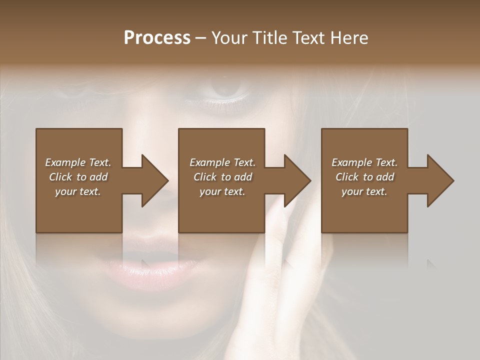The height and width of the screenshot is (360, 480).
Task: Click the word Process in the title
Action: (x=157, y=37)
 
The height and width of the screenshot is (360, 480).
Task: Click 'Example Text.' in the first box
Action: (x=78, y=162)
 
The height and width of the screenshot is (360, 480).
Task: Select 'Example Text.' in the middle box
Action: (x=222, y=162)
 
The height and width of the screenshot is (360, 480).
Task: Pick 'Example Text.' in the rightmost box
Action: (x=364, y=162)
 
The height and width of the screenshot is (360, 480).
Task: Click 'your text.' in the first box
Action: (x=78, y=191)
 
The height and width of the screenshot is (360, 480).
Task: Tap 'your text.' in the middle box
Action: (x=222, y=191)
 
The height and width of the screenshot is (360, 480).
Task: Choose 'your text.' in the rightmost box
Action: (x=364, y=191)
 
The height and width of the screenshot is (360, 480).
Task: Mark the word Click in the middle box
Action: (x=205, y=177)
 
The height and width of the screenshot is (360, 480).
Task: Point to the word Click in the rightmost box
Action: (x=347, y=177)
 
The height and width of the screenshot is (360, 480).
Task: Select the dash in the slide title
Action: (x=200, y=38)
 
